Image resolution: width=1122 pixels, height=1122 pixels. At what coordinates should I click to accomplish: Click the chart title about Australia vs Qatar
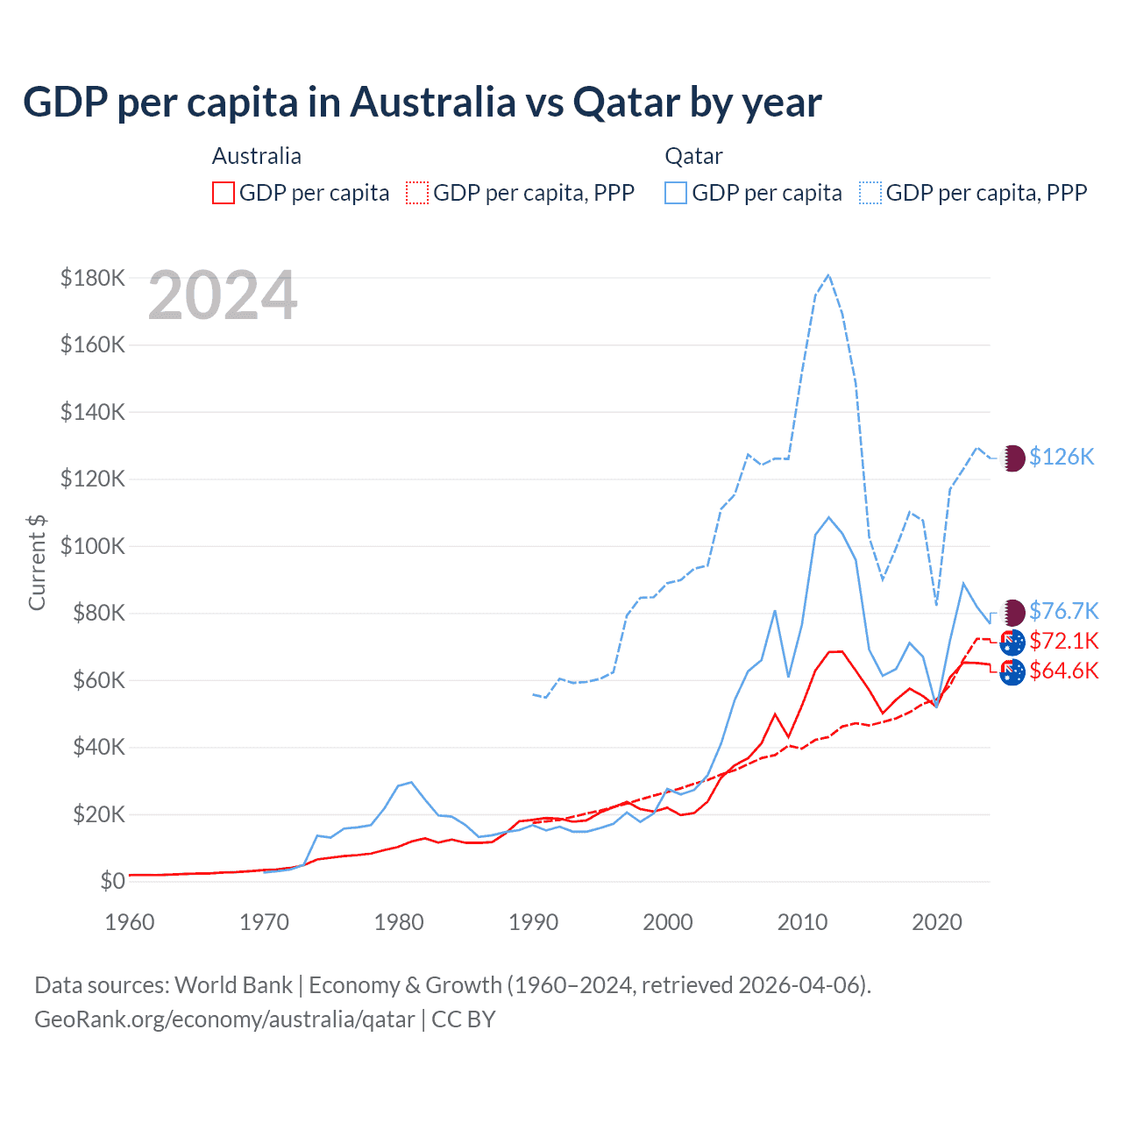422,103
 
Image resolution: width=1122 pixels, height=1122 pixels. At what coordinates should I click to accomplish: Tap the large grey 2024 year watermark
223,296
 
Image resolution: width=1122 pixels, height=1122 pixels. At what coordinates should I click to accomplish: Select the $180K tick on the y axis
93,278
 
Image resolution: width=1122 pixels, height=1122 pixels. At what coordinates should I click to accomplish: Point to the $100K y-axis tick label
93,546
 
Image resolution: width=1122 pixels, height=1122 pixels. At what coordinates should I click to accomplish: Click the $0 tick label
112,881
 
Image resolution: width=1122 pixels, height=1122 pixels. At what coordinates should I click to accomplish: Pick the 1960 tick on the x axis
130,922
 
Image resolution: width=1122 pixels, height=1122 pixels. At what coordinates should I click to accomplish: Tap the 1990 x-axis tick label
533,922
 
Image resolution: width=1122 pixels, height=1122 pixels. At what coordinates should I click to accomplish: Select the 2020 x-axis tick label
936,922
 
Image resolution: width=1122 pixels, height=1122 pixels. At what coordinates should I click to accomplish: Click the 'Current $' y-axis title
37,562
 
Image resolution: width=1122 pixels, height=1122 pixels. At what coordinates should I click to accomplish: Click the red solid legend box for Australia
224,193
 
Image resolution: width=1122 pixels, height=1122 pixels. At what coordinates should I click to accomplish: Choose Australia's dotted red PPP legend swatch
417,193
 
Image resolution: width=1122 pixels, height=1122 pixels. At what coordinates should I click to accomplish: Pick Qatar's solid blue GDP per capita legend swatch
676,193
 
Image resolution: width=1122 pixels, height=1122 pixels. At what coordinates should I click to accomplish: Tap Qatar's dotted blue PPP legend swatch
870,193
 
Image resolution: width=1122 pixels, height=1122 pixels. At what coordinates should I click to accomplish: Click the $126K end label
1062,457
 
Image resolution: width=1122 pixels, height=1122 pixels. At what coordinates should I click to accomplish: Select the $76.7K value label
1063,611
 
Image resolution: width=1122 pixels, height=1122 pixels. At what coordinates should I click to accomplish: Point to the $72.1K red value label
1063,641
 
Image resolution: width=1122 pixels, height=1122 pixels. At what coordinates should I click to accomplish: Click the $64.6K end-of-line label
1063,671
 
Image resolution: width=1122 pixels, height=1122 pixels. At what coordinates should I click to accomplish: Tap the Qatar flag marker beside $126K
1013,458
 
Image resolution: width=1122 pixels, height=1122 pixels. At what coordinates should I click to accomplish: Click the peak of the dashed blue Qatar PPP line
828,275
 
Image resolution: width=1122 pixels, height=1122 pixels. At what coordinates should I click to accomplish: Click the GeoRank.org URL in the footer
224,1019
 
